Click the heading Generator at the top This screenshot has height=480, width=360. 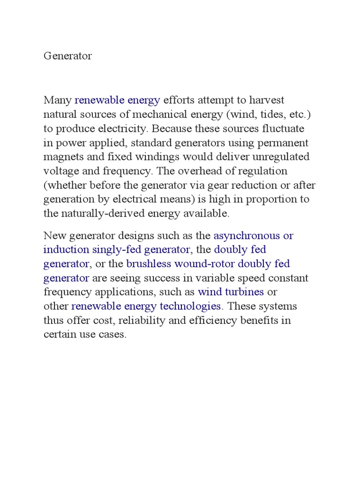point(68,56)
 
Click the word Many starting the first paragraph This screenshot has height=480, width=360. point(58,100)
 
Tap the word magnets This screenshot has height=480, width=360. point(62,157)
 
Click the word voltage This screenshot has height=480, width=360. point(60,171)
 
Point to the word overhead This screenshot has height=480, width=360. point(200,171)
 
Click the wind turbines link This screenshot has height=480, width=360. point(231,292)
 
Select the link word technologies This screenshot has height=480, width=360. point(192,306)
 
